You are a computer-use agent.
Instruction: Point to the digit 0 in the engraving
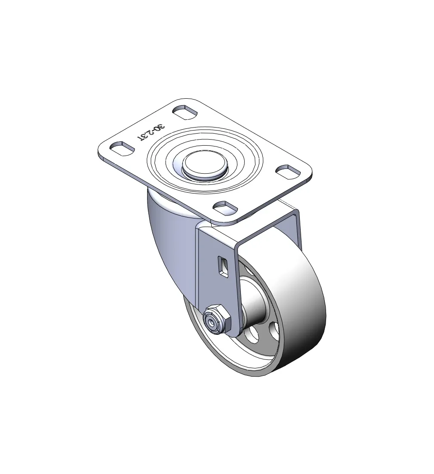click(x=157, y=128)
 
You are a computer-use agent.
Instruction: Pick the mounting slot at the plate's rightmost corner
click(x=288, y=171)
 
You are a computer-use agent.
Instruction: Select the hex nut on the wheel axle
click(x=218, y=321)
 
